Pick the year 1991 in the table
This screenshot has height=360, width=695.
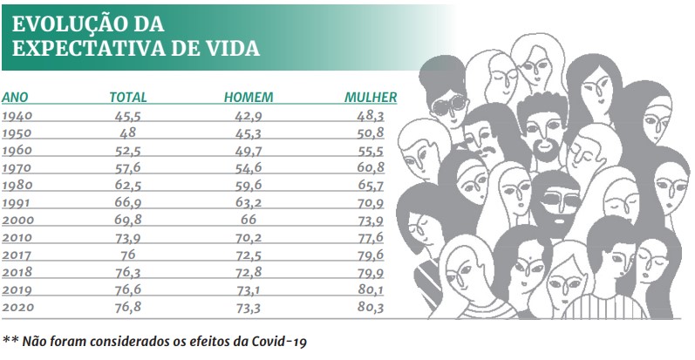coord(18,202)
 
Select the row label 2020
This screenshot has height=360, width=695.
coord(18,307)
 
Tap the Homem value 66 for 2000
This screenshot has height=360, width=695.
coord(249,220)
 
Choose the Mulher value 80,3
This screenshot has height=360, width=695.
coord(371,307)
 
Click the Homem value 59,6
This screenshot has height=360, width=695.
coord(249,185)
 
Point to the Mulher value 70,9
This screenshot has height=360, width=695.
coord(371,202)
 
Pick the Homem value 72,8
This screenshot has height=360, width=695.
coord(249,272)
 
